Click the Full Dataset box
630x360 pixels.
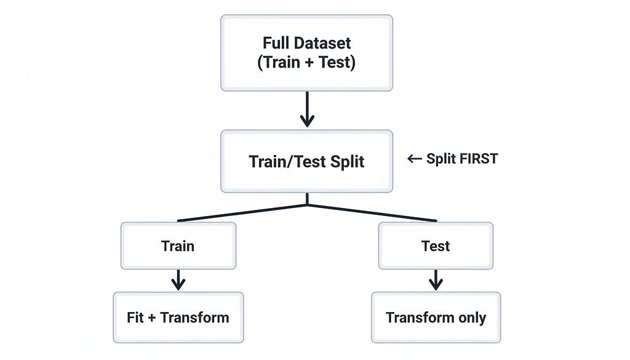pyautogui.click(x=306, y=53)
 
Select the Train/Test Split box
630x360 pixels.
pyautogui.click(x=306, y=161)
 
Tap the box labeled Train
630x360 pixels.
pyautogui.click(x=178, y=246)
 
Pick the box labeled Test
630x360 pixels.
pyautogui.click(x=436, y=246)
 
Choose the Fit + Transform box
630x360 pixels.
pyautogui.click(x=178, y=318)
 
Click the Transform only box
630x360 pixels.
pyautogui.click(x=436, y=318)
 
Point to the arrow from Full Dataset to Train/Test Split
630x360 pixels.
pyautogui.click(x=307, y=110)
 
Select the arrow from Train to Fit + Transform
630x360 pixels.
pyautogui.click(x=178, y=280)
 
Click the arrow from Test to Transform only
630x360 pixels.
pyautogui.click(x=436, y=280)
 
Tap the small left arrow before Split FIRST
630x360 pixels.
pyautogui.click(x=415, y=159)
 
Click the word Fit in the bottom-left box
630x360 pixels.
pyautogui.click(x=135, y=318)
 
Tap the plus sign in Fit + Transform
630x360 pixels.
pyautogui.click(x=151, y=318)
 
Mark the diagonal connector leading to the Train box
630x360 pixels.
pyautogui.click(x=242, y=213)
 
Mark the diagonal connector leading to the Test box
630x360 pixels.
pyautogui.click(x=372, y=213)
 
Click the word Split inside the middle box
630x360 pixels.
pyautogui.click(x=347, y=162)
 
